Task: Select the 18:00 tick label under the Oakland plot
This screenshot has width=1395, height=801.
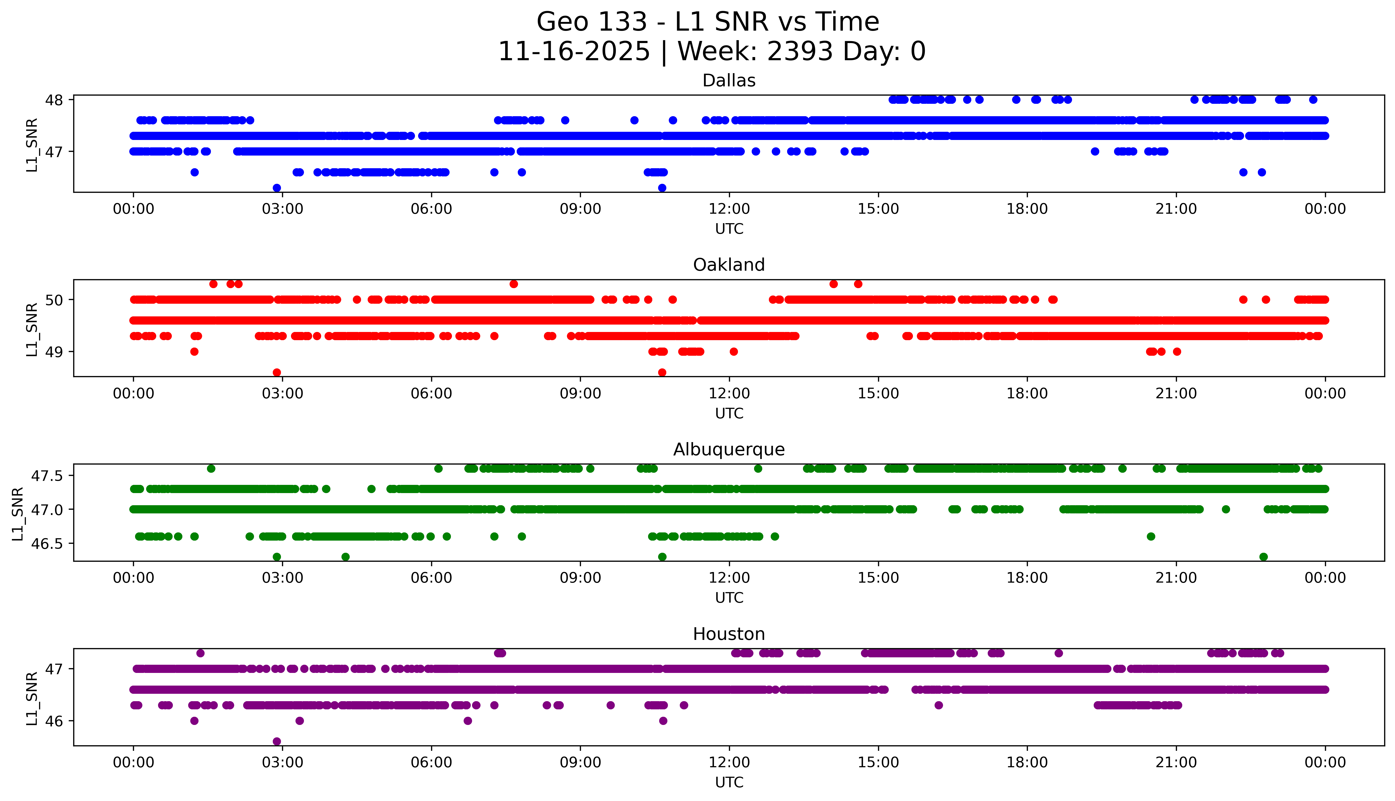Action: pyautogui.click(x=1027, y=394)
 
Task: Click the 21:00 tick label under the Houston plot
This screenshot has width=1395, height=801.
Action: pyautogui.click(x=1176, y=762)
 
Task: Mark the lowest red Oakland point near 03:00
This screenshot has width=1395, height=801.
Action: pyautogui.click(x=277, y=372)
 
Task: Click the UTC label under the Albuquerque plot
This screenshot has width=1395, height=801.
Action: pyautogui.click(x=729, y=598)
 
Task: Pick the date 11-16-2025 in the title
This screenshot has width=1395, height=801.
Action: pyautogui.click(x=574, y=52)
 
